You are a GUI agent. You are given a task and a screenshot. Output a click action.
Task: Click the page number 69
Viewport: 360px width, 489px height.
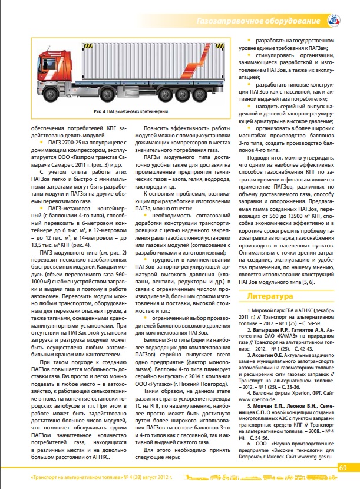click(344, 468)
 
